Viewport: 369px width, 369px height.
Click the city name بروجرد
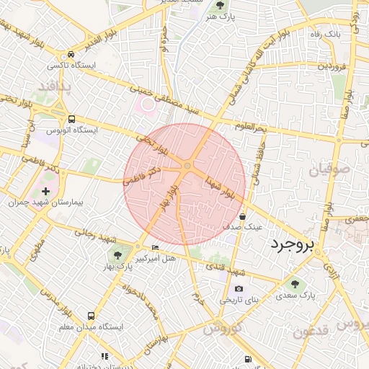click(293, 245)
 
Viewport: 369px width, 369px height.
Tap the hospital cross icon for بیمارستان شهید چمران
click(46, 192)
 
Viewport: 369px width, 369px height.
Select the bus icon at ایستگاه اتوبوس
click(71, 120)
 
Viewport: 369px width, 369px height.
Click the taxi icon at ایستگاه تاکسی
click(71, 55)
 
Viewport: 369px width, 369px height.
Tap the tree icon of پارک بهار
click(117, 255)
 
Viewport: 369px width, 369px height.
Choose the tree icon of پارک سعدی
click(293, 284)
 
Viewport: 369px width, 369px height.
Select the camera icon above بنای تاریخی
click(239, 290)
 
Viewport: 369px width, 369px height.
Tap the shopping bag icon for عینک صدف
click(242, 215)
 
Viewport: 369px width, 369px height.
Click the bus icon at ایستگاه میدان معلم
click(91, 316)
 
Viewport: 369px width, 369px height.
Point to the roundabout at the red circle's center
click(187, 167)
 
